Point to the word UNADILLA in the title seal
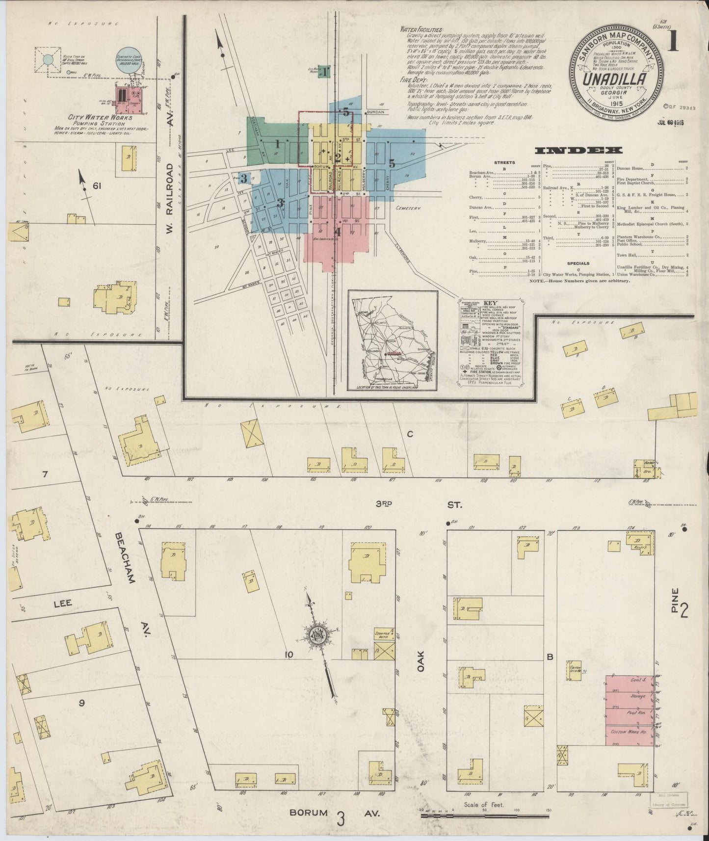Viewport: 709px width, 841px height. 620,79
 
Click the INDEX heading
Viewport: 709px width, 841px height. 578,151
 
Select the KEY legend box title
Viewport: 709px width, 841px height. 490,303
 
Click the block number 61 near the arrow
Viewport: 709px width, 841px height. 96,185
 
